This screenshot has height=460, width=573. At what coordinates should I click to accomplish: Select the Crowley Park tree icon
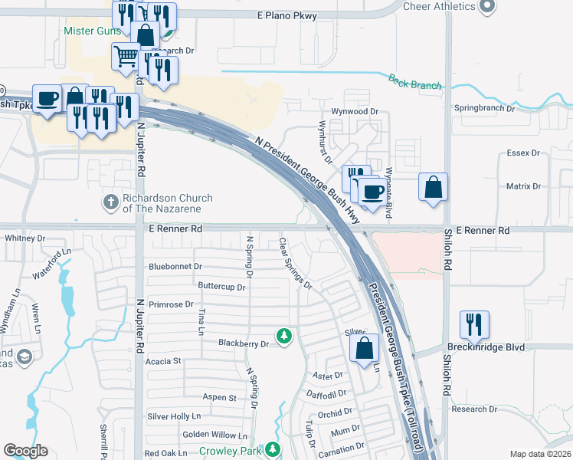(273, 449)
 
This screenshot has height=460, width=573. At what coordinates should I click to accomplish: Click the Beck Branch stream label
(414, 81)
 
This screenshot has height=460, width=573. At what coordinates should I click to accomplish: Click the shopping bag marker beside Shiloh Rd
(433, 187)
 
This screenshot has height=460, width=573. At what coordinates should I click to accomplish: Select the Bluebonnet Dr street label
(175, 267)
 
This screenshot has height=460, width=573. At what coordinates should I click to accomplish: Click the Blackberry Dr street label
(244, 343)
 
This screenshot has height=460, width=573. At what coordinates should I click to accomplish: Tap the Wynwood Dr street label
(355, 111)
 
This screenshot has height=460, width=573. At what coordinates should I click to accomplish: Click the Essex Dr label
(523, 153)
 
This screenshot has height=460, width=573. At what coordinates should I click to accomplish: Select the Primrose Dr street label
(172, 304)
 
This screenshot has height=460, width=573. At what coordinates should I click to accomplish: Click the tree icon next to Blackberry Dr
(284, 337)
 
